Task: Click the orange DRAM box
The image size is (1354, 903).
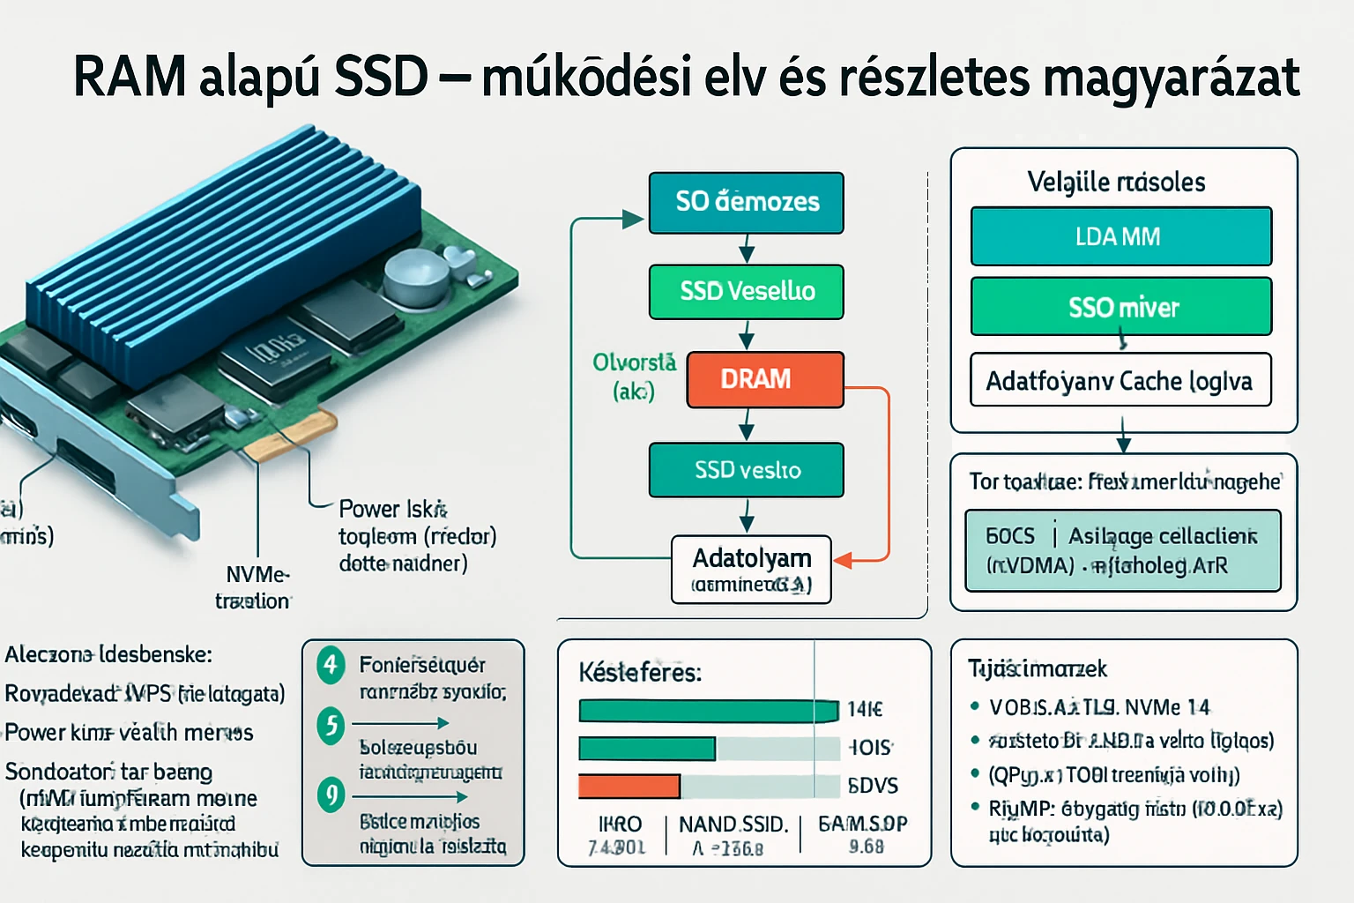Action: (764, 379)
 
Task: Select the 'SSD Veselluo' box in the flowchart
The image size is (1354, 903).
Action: (746, 291)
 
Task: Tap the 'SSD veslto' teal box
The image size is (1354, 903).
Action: (746, 470)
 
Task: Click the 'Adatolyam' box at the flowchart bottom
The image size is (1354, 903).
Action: (751, 569)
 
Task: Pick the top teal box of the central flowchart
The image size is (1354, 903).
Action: (746, 202)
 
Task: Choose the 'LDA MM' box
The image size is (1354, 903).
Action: (1120, 236)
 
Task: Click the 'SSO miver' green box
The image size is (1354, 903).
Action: (1120, 307)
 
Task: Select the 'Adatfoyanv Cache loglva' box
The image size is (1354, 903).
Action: (1120, 380)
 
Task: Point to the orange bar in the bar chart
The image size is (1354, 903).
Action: (629, 786)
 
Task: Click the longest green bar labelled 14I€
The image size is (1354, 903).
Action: (708, 710)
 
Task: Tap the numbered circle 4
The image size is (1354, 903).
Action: (331, 664)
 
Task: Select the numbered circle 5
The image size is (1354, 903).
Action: (331, 726)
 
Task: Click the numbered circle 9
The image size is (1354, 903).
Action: (331, 795)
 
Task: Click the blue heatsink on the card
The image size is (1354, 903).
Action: (220, 256)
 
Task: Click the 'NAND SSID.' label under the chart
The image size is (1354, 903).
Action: (733, 825)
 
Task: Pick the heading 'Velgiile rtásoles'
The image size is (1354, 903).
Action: (1116, 182)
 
